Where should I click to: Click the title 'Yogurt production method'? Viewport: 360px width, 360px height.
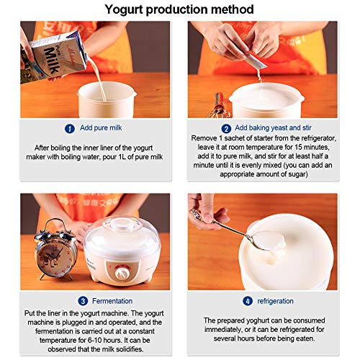pos(179,9)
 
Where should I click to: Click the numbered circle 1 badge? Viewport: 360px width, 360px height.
pos(70,129)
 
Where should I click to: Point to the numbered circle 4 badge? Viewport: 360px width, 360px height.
pos(248,302)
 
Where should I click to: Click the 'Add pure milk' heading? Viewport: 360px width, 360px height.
pos(99,129)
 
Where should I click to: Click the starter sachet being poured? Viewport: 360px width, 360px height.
pos(256,62)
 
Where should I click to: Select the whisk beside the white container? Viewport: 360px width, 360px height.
pos(219,109)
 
